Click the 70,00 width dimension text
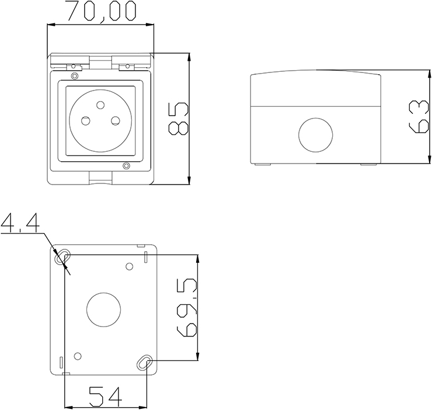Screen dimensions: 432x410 pyautogui.click(x=102, y=12)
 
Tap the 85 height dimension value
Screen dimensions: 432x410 pyautogui.click(x=179, y=119)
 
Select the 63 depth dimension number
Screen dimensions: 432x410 pyautogui.click(x=419, y=117)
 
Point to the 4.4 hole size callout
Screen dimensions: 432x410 pyautogui.click(x=20, y=222)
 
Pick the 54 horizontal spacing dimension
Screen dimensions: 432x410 pyautogui.click(x=105, y=397)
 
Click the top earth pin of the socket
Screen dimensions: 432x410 pyautogui.click(x=100, y=105)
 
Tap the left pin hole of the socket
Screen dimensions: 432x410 pyautogui.click(x=85, y=120)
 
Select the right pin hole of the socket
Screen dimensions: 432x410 pyautogui.click(x=115, y=120)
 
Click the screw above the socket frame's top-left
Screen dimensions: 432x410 pyautogui.click(x=74, y=76)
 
